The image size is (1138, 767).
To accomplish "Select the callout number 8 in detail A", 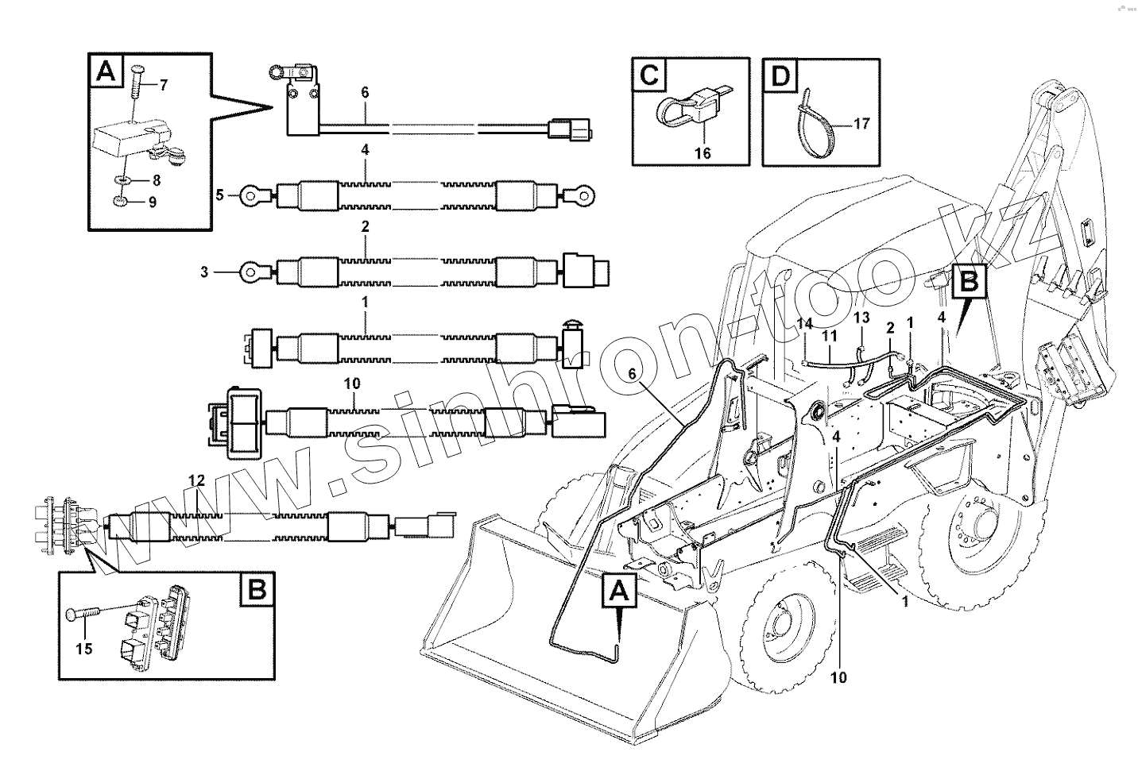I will coord(156,179).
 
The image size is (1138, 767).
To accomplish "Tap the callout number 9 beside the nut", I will coord(152,202).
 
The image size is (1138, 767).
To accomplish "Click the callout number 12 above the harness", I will coord(197,480).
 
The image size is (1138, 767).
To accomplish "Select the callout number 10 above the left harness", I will coord(352,383).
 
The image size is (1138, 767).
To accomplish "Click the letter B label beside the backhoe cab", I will coord(970,282).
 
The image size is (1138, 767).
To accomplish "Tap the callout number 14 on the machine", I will coord(805,323).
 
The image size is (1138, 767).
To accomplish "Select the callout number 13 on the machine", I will coord(861,318).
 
